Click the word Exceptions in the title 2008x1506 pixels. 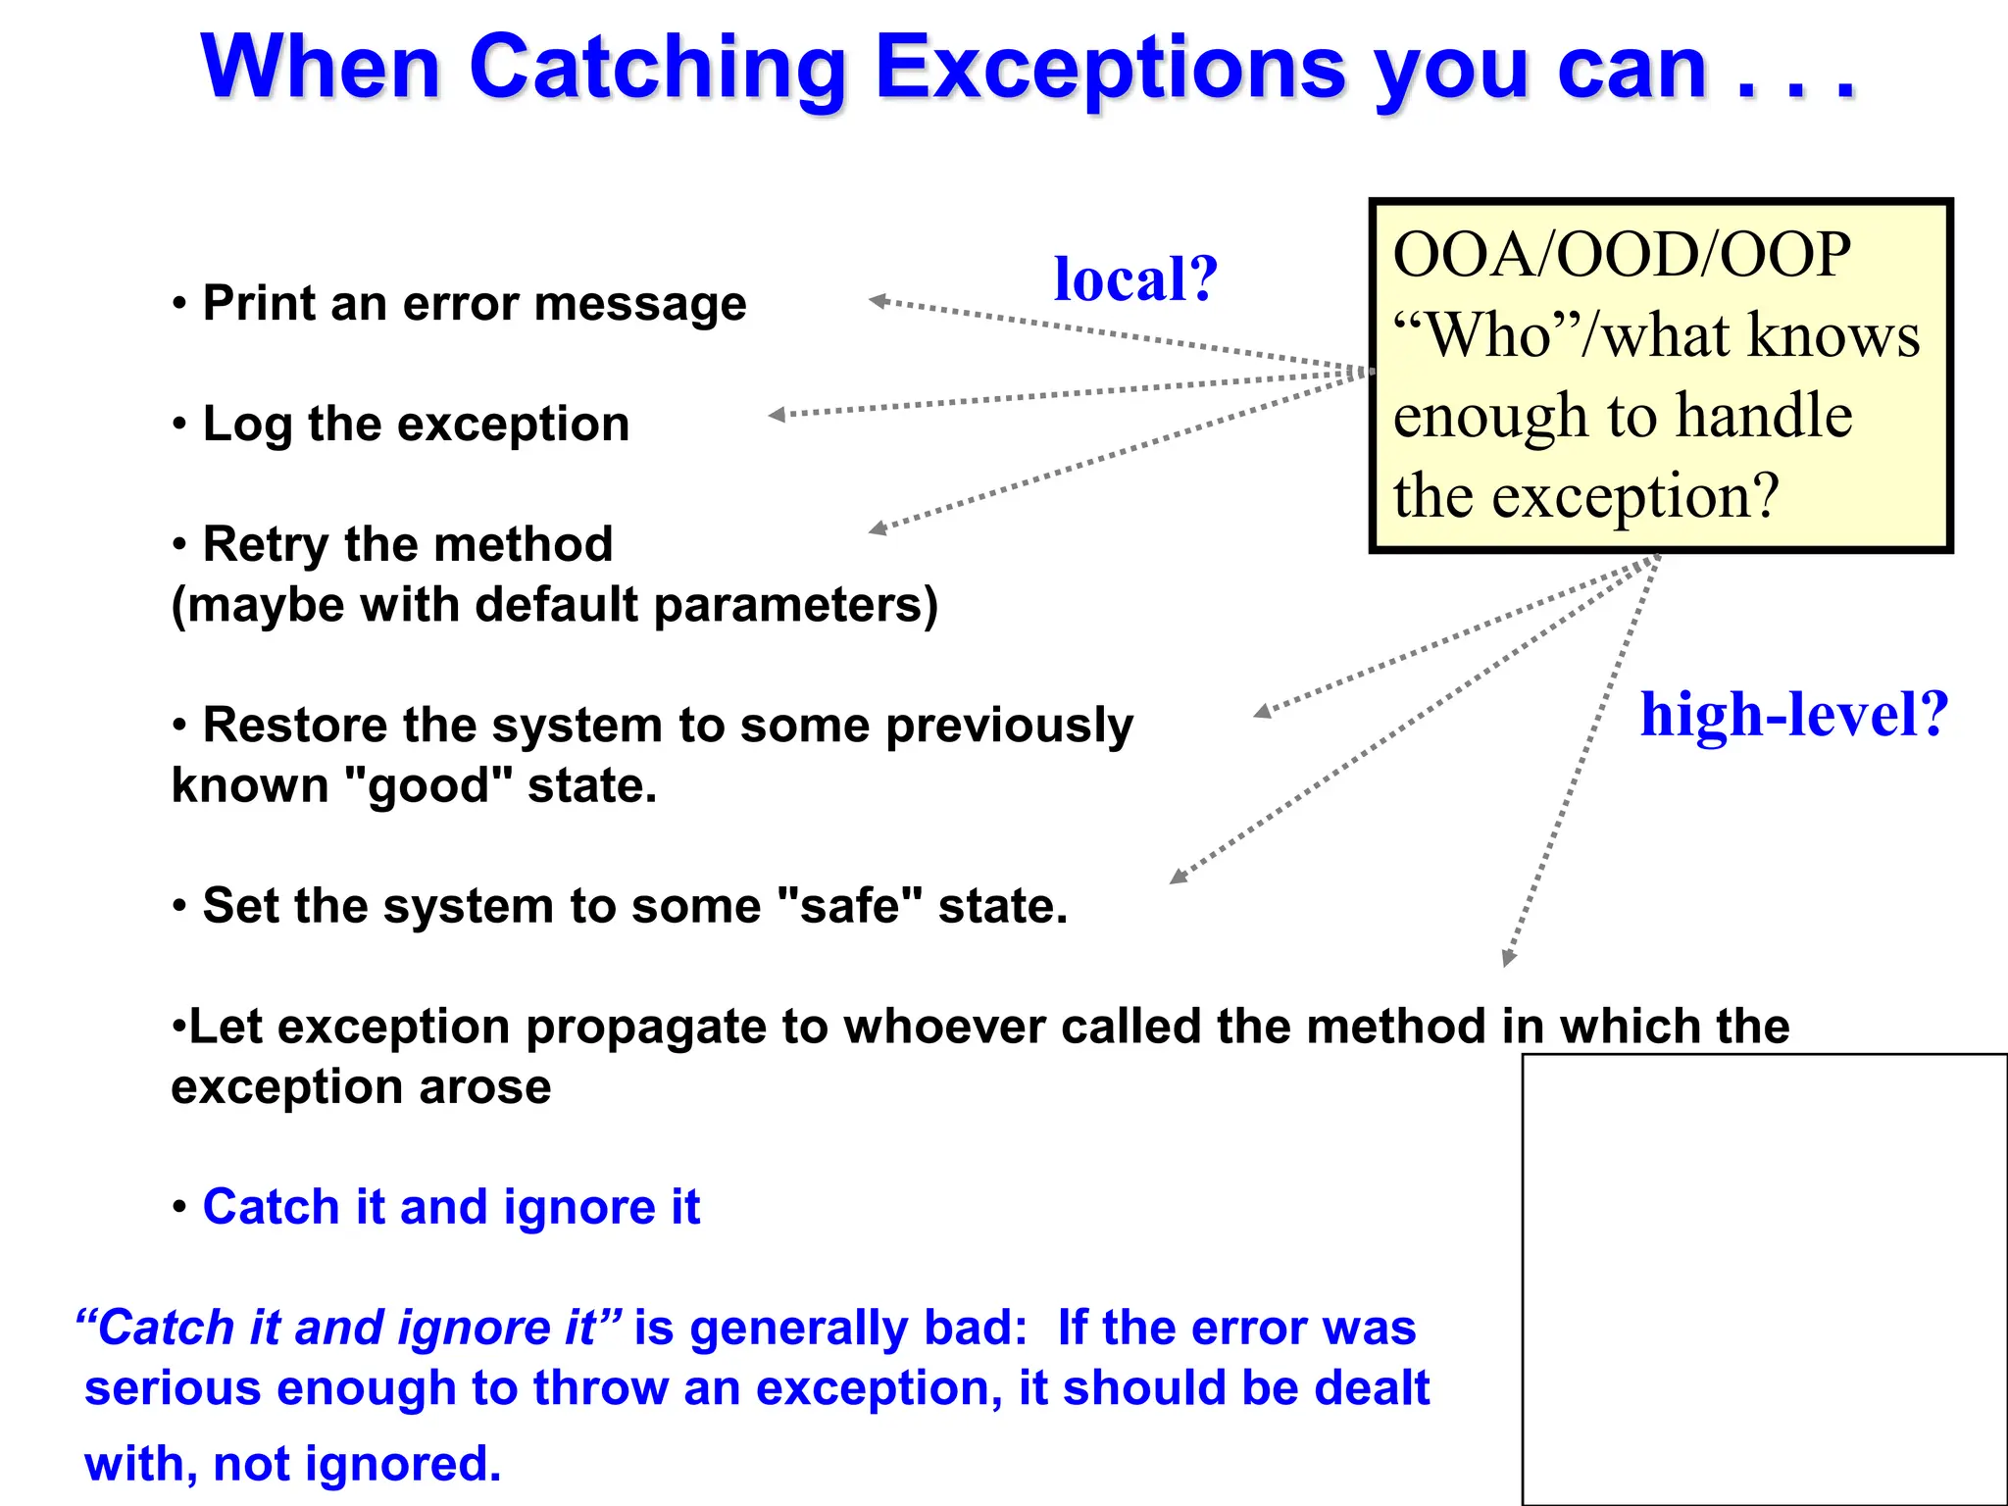(x=1110, y=69)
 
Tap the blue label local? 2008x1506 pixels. (x=1135, y=279)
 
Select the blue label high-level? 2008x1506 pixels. (x=1794, y=715)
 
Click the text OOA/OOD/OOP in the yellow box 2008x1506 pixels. (x=1622, y=255)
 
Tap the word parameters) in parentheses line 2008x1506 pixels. (x=795, y=605)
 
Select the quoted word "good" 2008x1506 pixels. (x=427, y=785)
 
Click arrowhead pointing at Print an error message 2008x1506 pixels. (x=878, y=301)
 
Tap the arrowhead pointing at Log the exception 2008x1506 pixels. (x=777, y=415)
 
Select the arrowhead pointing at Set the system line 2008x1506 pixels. (x=1178, y=878)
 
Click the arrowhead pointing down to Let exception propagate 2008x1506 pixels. (x=1508, y=959)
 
